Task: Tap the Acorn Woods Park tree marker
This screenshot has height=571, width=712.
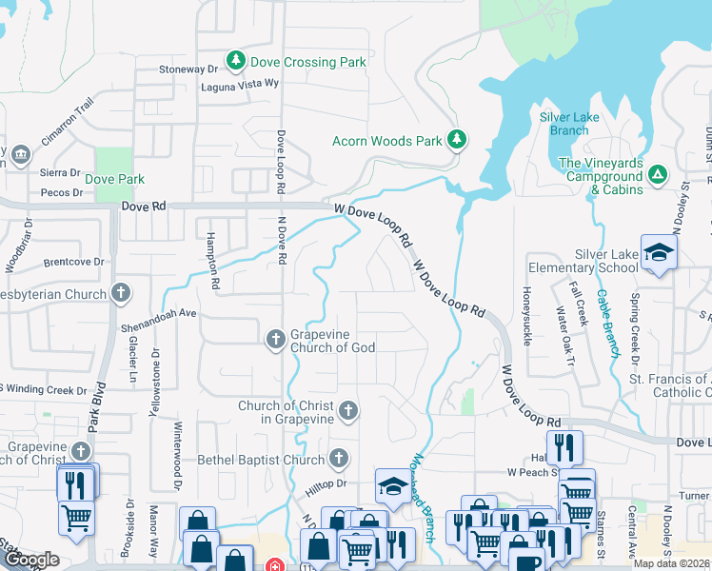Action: click(458, 141)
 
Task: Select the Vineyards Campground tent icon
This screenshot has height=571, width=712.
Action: click(658, 174)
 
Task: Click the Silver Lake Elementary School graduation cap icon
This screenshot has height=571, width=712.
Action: click(658, 252)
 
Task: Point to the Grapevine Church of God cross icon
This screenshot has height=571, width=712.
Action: click(275, 339)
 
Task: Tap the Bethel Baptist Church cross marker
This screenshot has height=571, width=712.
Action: click(338, 460)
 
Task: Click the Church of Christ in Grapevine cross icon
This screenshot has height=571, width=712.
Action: click(348, 411)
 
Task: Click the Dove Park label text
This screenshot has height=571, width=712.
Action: click(115, 179)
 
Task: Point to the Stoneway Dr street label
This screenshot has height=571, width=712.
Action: click(188, 69)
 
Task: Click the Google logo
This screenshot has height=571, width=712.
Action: click(30, 559)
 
